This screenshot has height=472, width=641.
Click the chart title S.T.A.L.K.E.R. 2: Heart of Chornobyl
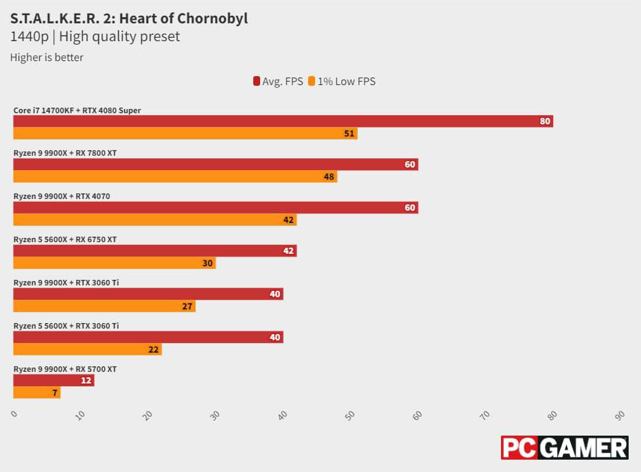129,19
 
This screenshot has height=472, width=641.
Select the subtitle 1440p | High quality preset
95,37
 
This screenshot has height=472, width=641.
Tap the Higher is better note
47,58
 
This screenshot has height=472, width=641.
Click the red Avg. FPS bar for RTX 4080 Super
283,121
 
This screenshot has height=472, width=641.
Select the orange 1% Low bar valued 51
185,133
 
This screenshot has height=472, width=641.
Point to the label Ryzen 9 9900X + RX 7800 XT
65,153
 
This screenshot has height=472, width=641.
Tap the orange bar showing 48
175,176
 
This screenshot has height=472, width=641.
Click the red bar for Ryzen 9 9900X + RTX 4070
215,208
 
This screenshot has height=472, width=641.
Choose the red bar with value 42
154,251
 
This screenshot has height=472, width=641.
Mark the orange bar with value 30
115,263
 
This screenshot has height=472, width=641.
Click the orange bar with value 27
104,306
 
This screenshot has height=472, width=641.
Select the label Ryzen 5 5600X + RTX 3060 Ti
66,326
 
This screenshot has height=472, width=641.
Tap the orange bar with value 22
87,349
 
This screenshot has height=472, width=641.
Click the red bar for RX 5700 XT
54,381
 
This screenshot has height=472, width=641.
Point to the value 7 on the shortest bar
55,392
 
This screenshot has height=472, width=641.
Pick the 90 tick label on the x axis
620,416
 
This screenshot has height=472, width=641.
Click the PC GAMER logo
564,447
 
